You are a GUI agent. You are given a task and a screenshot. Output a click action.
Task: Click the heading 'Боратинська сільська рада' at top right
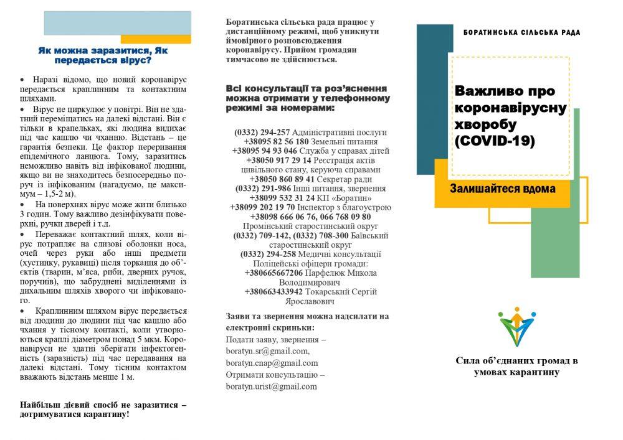521,32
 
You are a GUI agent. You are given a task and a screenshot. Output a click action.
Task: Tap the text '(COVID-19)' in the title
495,141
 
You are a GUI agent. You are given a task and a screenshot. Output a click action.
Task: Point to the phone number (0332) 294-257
262,133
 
